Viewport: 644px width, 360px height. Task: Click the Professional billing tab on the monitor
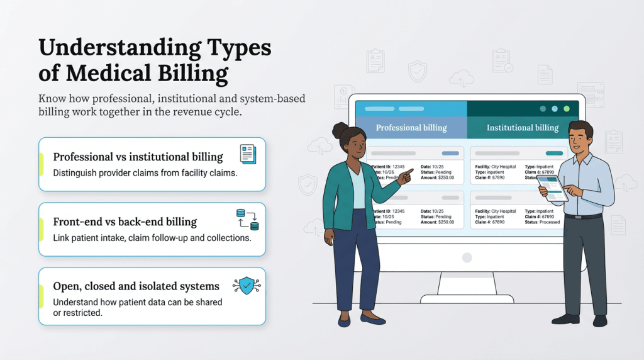[411, 127]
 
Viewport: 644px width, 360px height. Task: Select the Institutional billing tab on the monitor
[522, 127]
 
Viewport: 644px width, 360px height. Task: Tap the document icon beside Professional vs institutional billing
[248, 154]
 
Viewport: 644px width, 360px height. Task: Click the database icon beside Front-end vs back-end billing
[247, 220]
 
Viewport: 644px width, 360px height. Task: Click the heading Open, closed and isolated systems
[136, 287]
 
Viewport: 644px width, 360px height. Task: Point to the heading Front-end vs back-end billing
[125, 222]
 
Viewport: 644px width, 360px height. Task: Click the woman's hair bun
[340, 130]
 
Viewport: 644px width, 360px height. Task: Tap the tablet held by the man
[552, 188]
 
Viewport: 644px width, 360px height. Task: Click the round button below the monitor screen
[467, 257]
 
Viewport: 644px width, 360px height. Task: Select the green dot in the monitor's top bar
[567, 108]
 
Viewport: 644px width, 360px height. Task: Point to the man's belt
[583, 217]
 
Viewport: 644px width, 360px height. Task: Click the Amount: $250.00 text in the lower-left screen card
[438, 222]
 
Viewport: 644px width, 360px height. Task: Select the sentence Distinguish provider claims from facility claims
[145, 173]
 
